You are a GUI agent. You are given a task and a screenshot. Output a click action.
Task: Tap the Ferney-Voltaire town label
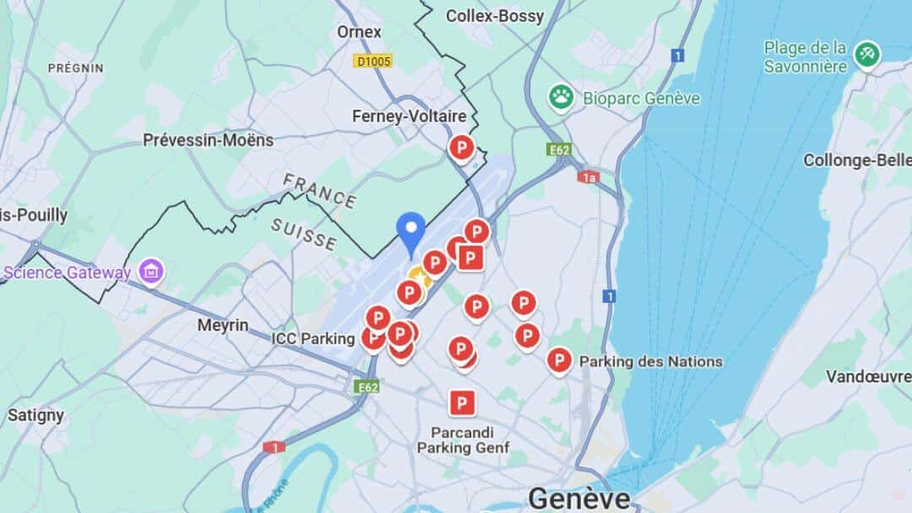pos(409,116)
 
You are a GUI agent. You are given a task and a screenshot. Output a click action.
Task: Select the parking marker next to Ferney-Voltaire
pos(461,148)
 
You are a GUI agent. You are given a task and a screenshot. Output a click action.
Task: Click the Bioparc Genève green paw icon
pos(561,97)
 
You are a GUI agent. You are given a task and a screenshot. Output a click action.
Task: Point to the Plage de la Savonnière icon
pos(866,55)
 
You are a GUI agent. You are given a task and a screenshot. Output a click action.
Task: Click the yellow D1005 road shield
pos(372,61)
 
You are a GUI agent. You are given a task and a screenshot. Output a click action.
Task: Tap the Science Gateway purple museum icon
pos(152,272)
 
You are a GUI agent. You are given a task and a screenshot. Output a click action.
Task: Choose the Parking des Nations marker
pos(558,360)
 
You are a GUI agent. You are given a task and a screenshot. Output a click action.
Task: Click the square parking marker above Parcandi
pos(461,402)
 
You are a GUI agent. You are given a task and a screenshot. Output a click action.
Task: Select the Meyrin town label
pos(223,325)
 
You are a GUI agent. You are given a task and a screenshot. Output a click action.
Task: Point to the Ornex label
pos(359,32)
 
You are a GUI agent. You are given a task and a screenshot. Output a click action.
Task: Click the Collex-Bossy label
pos(495,15)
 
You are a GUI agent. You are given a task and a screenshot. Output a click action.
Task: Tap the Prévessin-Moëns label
pos(208,140)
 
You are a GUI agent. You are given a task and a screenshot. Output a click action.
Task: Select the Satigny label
pos(35,415)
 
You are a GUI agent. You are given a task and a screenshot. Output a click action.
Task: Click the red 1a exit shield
pos(588,176)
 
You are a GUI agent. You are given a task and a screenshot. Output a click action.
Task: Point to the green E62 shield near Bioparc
pos(559,149)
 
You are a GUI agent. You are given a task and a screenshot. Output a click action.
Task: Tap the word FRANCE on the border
pos(319,190)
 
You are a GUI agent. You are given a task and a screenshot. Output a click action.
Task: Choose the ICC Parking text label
pos(312,338)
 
